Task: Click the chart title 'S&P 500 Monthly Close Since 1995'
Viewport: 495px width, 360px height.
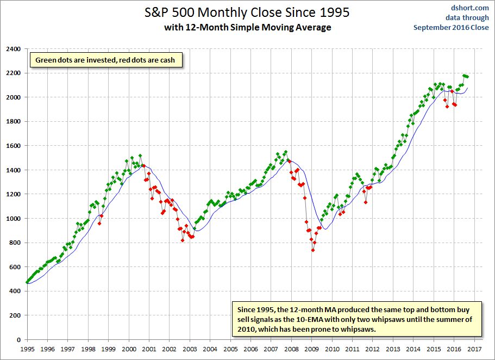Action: point(247,13)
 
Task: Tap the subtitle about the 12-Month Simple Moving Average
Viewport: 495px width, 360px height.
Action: point(248,28)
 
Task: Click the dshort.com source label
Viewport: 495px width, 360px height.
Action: point(470,8)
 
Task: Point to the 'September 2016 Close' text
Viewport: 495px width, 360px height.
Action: point(451,28)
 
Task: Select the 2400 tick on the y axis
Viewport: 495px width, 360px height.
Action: point(13,49)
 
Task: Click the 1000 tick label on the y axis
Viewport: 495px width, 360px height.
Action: point(13,219)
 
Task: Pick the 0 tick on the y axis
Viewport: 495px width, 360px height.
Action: point(18,340)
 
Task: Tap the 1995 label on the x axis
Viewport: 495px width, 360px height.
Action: point(27,349)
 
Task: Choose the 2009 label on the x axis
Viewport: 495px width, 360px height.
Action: point(311,349)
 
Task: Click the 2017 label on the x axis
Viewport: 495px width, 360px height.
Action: point(474,349)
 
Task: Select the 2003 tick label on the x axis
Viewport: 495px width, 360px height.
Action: point(190,349)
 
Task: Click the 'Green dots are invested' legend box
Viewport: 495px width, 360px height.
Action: point(106,60)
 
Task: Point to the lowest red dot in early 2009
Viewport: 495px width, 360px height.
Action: point(313,250)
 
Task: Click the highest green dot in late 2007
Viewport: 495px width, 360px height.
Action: point(286,152)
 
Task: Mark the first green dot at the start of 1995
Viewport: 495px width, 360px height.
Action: point(27,282)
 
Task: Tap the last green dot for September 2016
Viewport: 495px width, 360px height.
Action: point(467,77)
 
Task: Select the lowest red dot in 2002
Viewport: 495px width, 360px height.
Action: point(183,240)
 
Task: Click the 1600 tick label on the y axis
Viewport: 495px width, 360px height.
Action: point(13,146)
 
